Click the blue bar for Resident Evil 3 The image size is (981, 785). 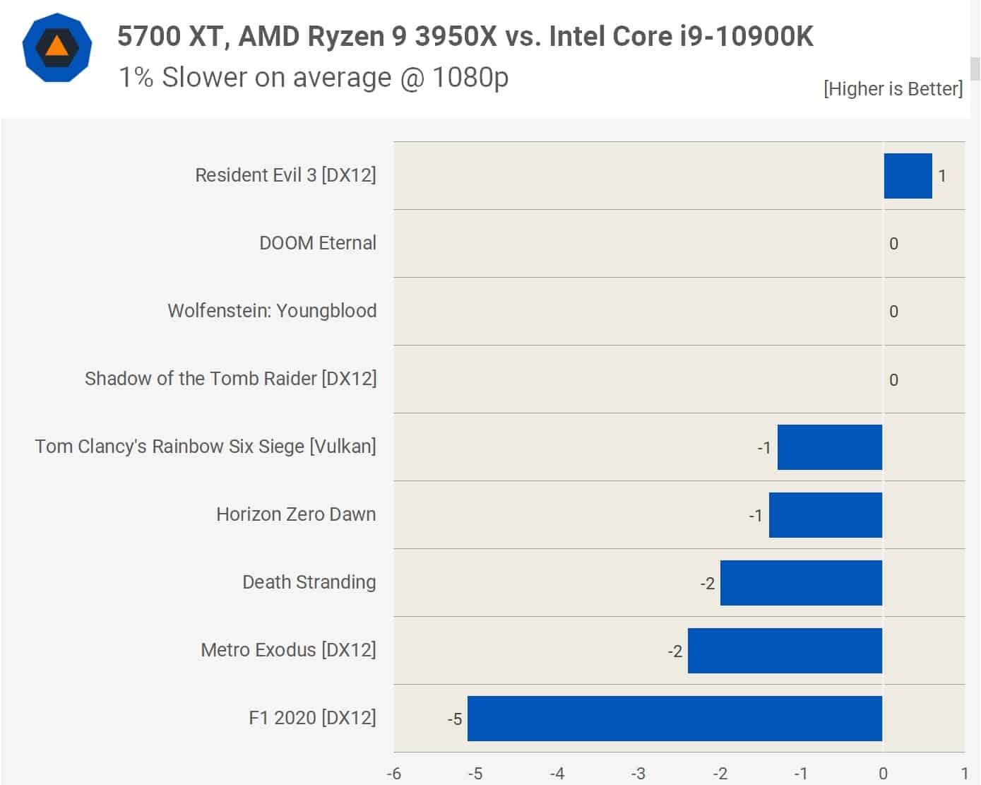pos(908,176)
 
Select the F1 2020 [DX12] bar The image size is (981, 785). pos(674,719)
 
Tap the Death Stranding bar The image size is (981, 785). pos(801,583)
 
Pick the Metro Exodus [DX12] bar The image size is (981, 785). pos(785,651)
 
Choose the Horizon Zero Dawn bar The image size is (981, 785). pos(825,515)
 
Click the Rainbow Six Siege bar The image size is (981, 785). pos(829,447)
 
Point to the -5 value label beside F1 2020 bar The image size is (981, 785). pos(455,719)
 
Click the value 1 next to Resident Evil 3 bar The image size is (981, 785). pos(941,176)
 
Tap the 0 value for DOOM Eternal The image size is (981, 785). pos(893,244)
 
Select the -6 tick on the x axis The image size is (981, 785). pos(394,774)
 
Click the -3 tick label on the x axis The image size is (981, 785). pos(638,774)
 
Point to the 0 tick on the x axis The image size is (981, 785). pos(883,774)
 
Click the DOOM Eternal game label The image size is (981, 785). pos(318,243)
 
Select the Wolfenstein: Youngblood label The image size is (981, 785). pos(272,311)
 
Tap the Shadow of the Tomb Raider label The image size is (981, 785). pos(230,379)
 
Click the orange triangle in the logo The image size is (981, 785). pos(57,47)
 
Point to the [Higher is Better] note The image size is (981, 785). pos(893,89)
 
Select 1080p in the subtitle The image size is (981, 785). pos(470,77)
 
